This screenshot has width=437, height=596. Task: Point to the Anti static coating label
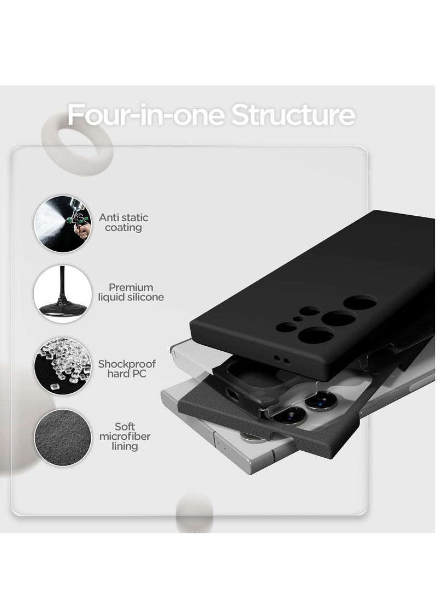click(x=123, y=222)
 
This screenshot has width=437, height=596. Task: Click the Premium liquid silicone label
click(x=131, y=292)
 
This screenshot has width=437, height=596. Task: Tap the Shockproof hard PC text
click(x=127, y=369)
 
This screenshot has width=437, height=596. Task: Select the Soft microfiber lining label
click(x=124, y=436)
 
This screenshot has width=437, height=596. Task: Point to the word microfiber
click(x=124, y=436)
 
